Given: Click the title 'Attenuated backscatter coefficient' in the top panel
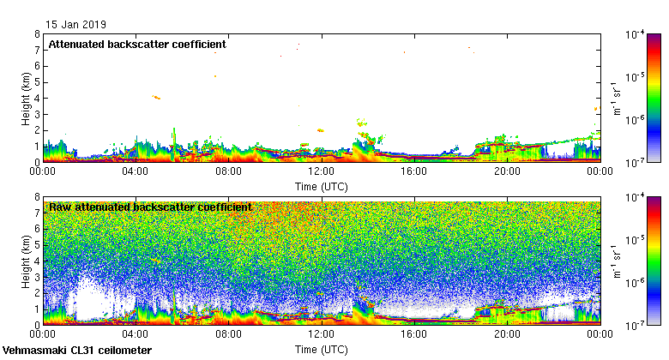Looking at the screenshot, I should [x=137, y=44].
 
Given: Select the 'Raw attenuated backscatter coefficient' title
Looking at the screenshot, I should [x=150, y=207].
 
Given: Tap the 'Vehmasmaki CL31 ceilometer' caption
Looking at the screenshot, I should [x=78, y=351].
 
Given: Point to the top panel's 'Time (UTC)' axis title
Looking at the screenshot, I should [x=322, y=185].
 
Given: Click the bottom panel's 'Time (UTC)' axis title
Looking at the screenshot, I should [x=322, y=350].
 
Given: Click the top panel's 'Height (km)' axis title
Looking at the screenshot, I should [x=27, y=99].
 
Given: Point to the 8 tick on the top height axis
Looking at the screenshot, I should [x=37, y=35].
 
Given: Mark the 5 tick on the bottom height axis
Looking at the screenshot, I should [x=37, y=245].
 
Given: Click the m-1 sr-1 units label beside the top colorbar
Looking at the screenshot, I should [x=616, y=99].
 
